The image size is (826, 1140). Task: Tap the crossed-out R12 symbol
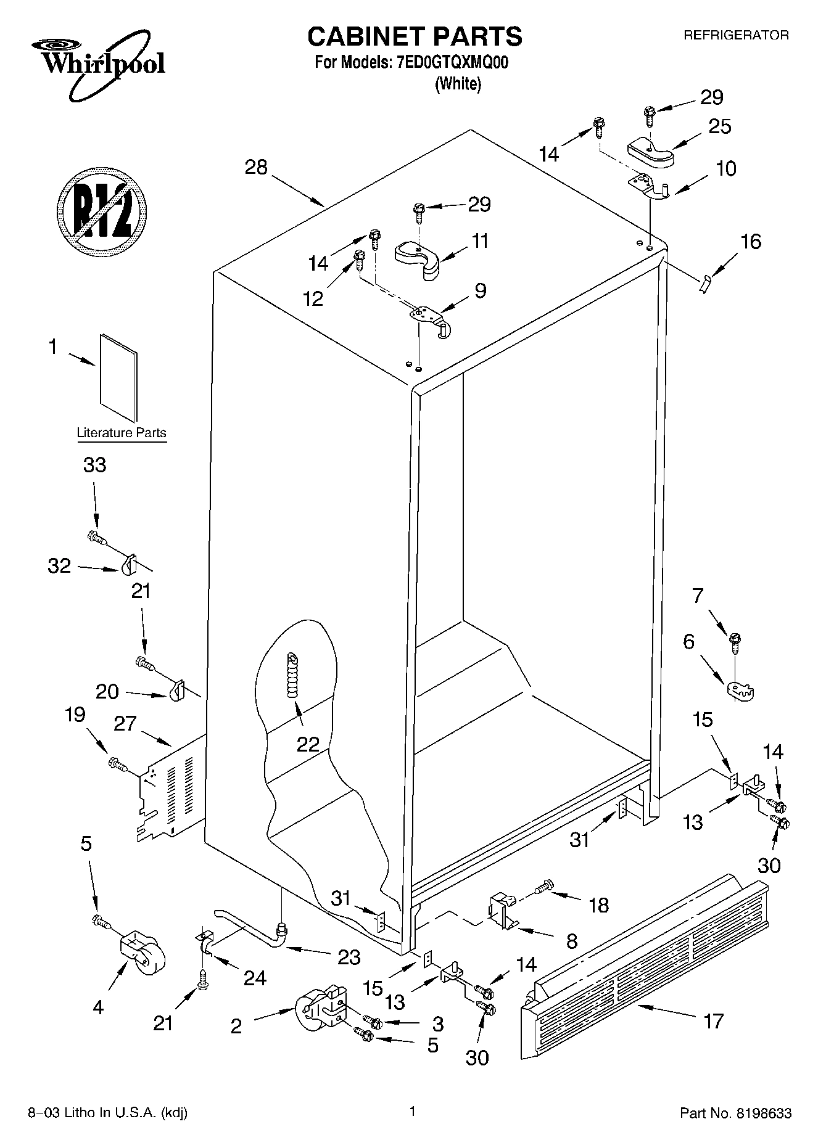102,210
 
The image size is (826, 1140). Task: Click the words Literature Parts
122,433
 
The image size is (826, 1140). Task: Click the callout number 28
256,167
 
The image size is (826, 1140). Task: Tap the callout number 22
308,744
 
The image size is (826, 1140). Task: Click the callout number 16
750,241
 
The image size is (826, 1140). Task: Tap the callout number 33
94,465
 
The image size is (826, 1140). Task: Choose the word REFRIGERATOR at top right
735,36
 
